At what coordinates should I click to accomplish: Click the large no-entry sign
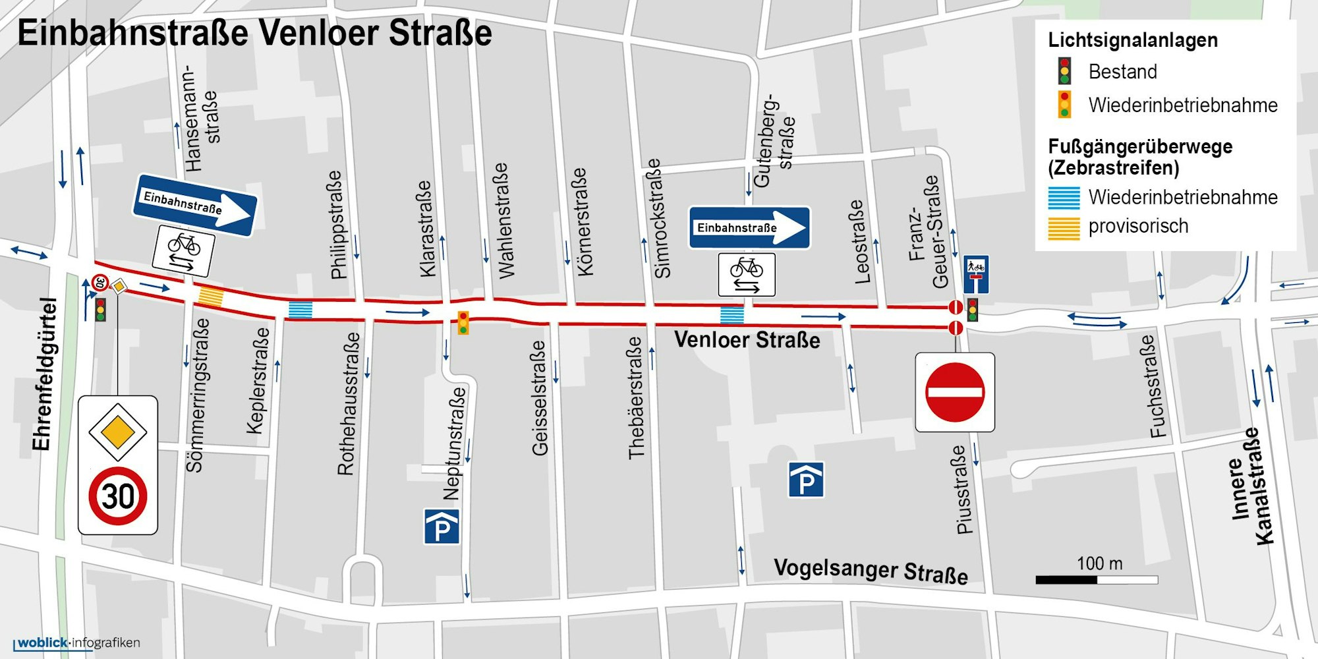(955, 392)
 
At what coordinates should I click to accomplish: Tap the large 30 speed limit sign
(118, 496)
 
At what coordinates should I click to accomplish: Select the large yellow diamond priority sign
(118, 432)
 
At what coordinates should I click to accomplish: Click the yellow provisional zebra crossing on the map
(211, 297)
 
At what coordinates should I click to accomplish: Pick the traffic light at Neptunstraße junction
(463, 322)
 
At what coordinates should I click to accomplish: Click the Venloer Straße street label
(747, 340)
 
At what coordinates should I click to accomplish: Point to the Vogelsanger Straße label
(871, 571)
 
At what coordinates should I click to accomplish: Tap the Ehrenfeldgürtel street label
(43, 374)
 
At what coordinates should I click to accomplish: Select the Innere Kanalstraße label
(1250, 486)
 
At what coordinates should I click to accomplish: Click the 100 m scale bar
(1097, 580)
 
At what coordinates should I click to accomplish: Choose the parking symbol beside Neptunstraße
(442, 527)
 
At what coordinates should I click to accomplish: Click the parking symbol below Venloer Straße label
(806, 480)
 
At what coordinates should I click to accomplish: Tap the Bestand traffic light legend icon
(1064, 71)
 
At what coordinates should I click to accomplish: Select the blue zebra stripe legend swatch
(1064, 198)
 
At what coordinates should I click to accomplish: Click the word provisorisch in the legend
(1138, 226)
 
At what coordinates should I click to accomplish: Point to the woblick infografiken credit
(77, 643)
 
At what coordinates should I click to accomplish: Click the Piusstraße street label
(963, 489)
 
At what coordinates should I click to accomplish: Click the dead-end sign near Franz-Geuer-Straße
(976, 274)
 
